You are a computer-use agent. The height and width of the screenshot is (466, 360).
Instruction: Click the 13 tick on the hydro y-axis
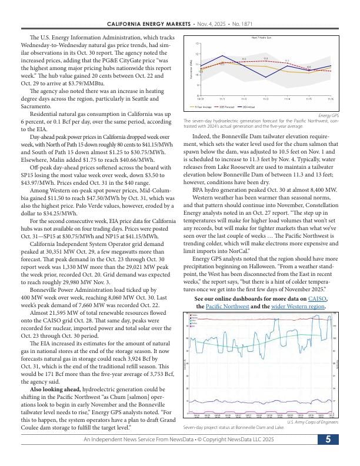pyautogui.click(x=197, y=44)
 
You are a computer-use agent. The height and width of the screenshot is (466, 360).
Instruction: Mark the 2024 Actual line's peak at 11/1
pyautogui.click(x=222, y=56)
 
